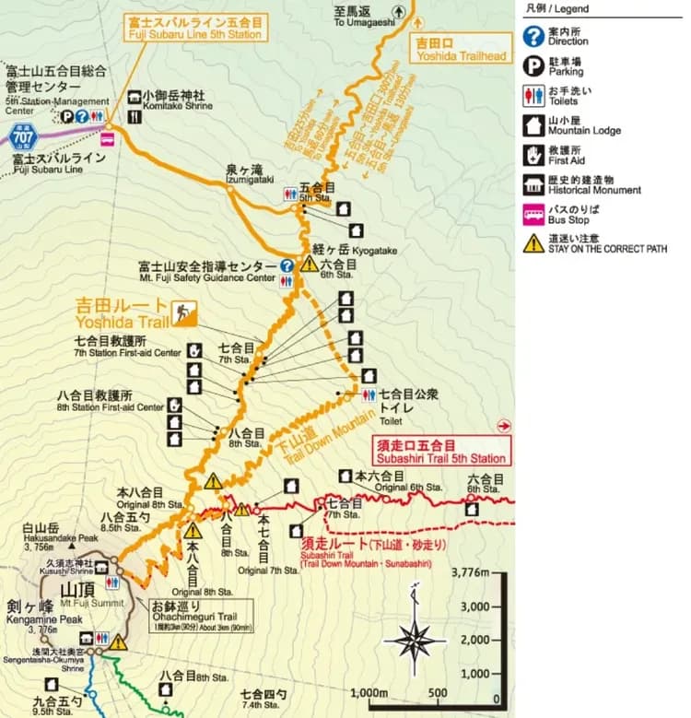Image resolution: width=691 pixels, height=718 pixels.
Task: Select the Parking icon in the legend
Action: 533,65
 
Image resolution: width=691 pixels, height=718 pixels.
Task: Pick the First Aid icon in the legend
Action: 533,154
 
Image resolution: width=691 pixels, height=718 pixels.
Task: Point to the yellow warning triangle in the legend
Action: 533,243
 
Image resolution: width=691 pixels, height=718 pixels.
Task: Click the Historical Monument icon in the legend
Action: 533,183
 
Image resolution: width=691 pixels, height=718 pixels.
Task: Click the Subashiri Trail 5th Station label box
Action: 440,452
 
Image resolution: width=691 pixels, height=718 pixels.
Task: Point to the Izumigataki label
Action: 244,175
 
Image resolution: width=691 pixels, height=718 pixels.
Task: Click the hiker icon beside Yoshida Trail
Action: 185,314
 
